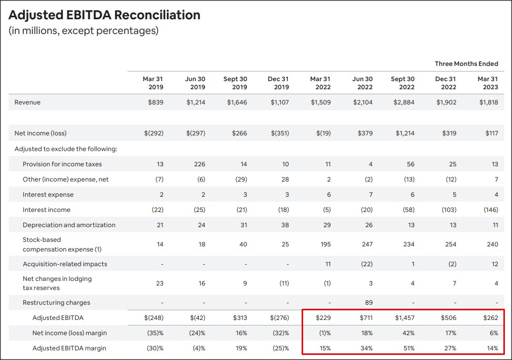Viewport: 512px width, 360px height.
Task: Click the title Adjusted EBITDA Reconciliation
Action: tap(104, 15)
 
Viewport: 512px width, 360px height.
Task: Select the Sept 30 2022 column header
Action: tap(403, 83)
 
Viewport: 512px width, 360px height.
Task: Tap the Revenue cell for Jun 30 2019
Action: tap(196, 102)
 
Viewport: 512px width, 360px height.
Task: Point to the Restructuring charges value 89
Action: tap(369, 303)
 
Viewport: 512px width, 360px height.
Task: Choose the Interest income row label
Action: tap(47, 210)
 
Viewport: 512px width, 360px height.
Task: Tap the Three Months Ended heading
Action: tap(466, 64)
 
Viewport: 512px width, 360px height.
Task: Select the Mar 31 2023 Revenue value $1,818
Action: tap(487, 102)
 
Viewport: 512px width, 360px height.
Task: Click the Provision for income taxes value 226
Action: tap(200, 164)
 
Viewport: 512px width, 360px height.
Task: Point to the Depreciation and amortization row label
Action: tap(69, 225)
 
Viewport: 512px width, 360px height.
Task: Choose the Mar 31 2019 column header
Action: tap(153, 83)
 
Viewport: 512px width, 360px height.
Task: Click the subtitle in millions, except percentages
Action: tap(84, 31)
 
